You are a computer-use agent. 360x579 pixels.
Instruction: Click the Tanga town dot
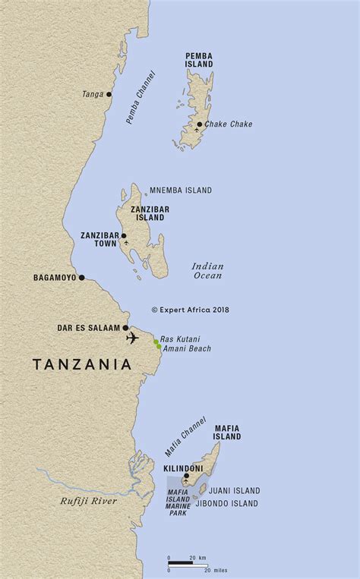(x=109, y=95)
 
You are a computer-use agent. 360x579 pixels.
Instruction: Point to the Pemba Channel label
(x=139, y=98)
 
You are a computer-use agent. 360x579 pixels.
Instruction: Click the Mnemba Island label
(x=179, y=190)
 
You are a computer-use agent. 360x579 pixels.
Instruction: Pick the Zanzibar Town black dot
(x=124, y=235)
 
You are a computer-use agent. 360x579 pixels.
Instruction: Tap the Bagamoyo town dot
(x=82, y=278)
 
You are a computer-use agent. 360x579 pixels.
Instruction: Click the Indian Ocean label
(x=207, y=270)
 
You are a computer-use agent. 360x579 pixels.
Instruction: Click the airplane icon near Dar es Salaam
(x=133, y=337)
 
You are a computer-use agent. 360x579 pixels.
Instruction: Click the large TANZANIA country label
(x=82, y=365)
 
